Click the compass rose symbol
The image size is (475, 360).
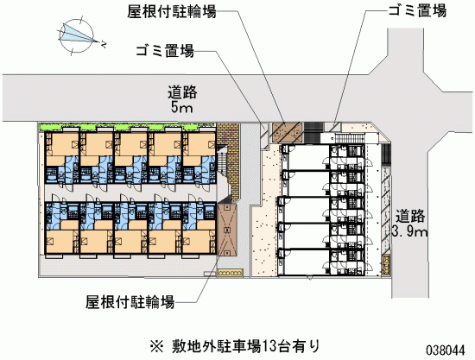(76, 36)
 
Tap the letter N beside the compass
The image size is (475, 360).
(104, 45)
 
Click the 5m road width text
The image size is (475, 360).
(182, 108)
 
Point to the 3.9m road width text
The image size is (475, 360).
(409, 231)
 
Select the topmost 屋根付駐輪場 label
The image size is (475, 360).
(172, 12)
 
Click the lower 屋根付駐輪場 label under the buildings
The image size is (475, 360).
(130, 302)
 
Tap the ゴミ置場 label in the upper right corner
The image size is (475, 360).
(417, 11)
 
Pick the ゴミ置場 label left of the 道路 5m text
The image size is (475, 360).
(165, 51)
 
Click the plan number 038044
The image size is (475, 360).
(446, 351)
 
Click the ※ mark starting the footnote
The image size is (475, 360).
(157, 346)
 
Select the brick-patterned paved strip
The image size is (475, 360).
(229, 162)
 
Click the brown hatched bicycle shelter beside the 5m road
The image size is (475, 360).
(287, 132)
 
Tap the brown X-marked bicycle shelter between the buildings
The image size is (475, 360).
(227, 230)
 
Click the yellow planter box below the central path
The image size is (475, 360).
(230, 273)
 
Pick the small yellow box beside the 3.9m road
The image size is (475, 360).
(386, 265)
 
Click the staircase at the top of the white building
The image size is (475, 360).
(349, 139)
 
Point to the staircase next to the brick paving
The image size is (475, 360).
(225, 174)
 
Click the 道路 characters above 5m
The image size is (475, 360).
(182, 92)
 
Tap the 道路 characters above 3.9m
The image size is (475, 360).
(410, 217)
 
